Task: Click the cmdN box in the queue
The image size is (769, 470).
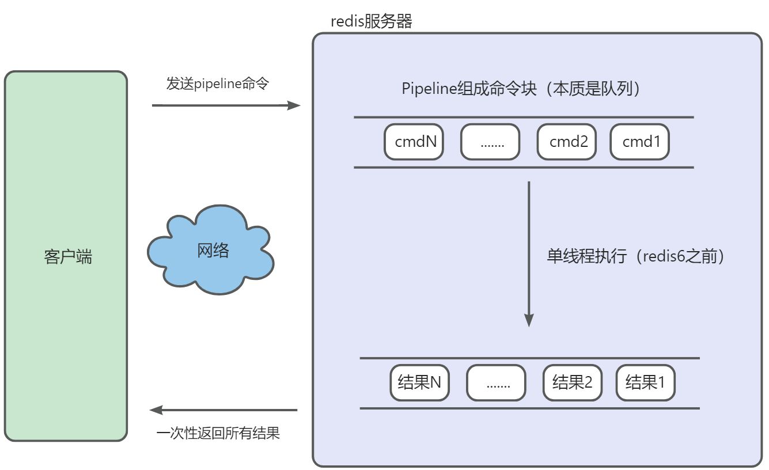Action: point(414,142)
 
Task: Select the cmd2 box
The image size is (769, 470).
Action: point(567,142)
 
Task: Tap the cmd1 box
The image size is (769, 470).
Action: point(639,142)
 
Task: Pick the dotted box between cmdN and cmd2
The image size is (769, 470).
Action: point(490,142)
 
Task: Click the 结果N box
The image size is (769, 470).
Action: point(420,382)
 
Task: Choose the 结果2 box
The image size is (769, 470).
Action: point(573,382)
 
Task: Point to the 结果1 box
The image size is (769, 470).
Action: point(645,382)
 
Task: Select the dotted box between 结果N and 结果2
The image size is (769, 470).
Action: point(496,382)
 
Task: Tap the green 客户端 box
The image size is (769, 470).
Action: point(66,173)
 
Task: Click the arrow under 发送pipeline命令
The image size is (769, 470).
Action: point(226,105)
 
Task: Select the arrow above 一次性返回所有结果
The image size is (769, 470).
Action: point(223,410)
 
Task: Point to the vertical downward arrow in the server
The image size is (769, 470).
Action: point(529,253)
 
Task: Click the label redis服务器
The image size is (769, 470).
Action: point(372,22)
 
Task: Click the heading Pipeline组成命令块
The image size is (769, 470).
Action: point(521,89)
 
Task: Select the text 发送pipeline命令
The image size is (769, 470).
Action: point(218,84)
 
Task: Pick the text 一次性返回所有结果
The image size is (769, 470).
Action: point(218,433)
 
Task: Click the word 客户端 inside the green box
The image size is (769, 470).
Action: point(67,256)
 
